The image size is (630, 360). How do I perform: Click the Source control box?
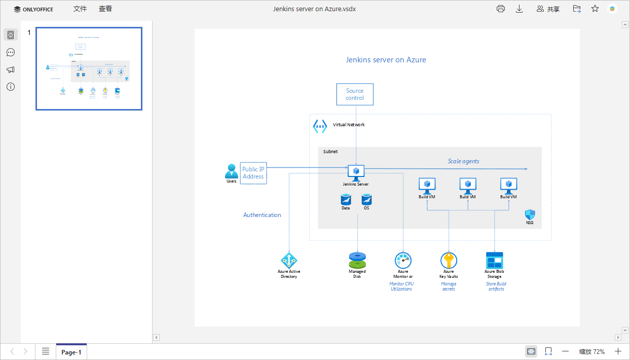(355, 94)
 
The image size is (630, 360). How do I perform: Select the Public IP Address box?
(253, 173)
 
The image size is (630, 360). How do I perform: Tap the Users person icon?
(232, 171)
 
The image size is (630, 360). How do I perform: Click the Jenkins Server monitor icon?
(356, 172)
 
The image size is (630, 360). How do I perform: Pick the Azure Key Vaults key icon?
(449, 261)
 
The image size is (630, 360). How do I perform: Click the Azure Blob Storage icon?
(494, 261)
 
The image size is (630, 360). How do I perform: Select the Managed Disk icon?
(357, 260)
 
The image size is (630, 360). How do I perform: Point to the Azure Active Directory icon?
(289, 261)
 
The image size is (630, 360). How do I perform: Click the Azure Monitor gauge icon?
(403, 260)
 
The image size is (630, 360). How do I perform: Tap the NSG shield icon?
(530, 214)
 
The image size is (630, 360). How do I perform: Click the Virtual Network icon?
(320, 126)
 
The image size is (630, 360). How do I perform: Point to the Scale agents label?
(463, 161)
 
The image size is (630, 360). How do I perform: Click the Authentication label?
(262, 215)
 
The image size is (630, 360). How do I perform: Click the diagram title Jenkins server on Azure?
(386, 60)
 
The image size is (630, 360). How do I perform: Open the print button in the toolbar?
(501, 9)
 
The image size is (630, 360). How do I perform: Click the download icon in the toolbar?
(519, 9)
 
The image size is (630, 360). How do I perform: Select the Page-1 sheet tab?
(71, 352)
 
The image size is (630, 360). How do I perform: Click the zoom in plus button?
(618, 351)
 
